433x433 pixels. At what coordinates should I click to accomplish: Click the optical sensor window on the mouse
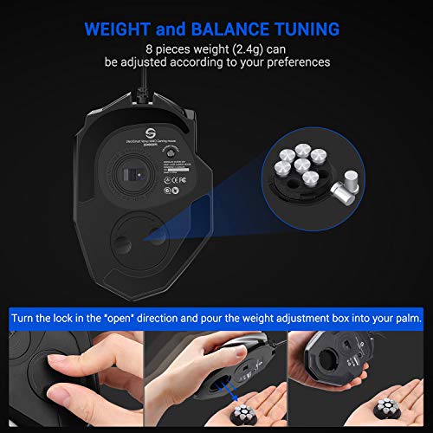tap(131, 173)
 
